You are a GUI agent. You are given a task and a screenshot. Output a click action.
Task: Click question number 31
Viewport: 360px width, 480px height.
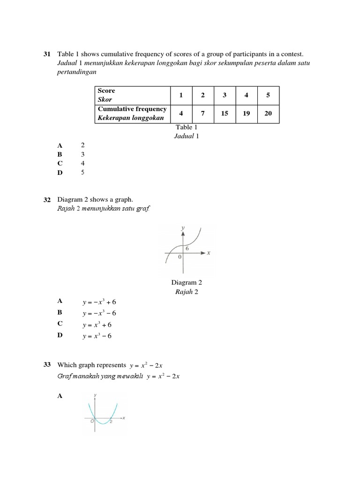pos(46,54)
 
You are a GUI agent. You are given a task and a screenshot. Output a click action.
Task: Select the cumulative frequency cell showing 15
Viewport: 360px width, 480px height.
pos(225,113)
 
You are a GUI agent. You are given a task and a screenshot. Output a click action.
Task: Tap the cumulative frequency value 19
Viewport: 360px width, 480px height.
pos(247,113)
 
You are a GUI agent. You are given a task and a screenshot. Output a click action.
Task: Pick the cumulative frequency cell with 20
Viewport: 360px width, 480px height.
pos(268,113)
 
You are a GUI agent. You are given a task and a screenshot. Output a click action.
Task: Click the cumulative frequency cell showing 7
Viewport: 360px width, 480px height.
pos(203,113)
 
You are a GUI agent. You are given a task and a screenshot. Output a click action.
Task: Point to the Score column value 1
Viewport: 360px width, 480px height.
pos(181,95)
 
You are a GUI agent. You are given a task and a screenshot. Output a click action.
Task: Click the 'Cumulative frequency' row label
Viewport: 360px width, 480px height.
pos(132,109)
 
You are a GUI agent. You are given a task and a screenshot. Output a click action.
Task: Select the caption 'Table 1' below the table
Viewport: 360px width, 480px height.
pos(187,127)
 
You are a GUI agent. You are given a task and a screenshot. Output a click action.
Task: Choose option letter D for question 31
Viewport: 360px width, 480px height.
pos(60,173)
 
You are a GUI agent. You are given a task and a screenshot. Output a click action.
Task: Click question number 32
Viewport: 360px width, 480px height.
pos(46,200)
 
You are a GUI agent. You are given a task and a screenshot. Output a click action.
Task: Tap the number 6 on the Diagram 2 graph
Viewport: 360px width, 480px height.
pos(187,248)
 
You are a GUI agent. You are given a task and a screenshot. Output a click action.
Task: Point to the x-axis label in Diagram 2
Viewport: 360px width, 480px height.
pos(208,253)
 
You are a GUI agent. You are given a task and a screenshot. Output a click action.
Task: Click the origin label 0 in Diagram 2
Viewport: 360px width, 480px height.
pos(179,257)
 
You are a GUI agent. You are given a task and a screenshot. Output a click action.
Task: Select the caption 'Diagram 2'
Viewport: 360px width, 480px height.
pos(187,283)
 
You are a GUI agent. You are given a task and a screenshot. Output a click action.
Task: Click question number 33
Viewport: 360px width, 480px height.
pos(46,365)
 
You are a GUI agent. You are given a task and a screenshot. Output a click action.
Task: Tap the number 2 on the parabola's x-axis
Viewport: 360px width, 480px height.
pos(111,422)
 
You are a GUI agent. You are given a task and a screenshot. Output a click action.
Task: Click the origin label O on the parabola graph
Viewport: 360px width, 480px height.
pos(92,421)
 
